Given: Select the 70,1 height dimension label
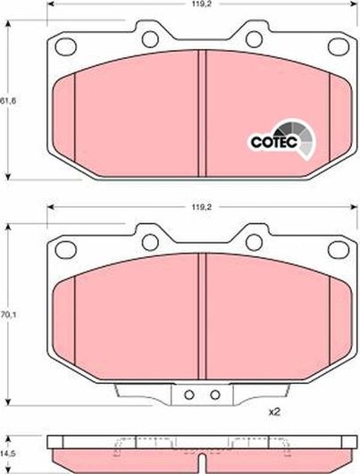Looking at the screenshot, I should coord(9,313).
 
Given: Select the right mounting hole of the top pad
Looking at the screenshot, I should coord(253,38).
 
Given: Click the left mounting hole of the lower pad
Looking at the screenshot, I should coord(150,240).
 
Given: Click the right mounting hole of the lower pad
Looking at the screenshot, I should coord(253,240).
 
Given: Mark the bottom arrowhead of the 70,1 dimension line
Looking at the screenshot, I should coord(9,403).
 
